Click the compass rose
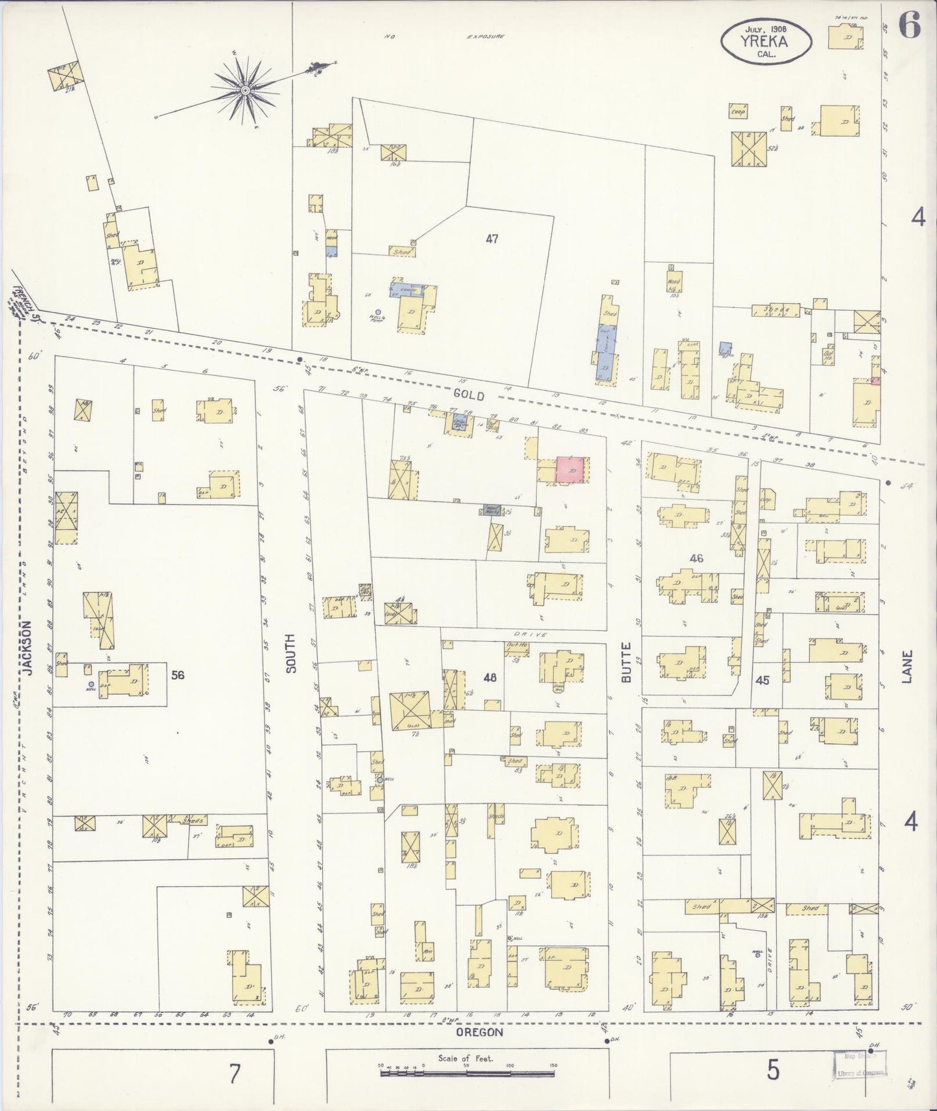point(246,90)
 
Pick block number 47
point(492,239)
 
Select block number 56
point(178,675)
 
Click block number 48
point(490,677)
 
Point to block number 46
point(696,558)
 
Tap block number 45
point(762,680)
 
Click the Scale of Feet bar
point(467,1073)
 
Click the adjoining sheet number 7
point(234,1074)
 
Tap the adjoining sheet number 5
point(773,1071)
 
